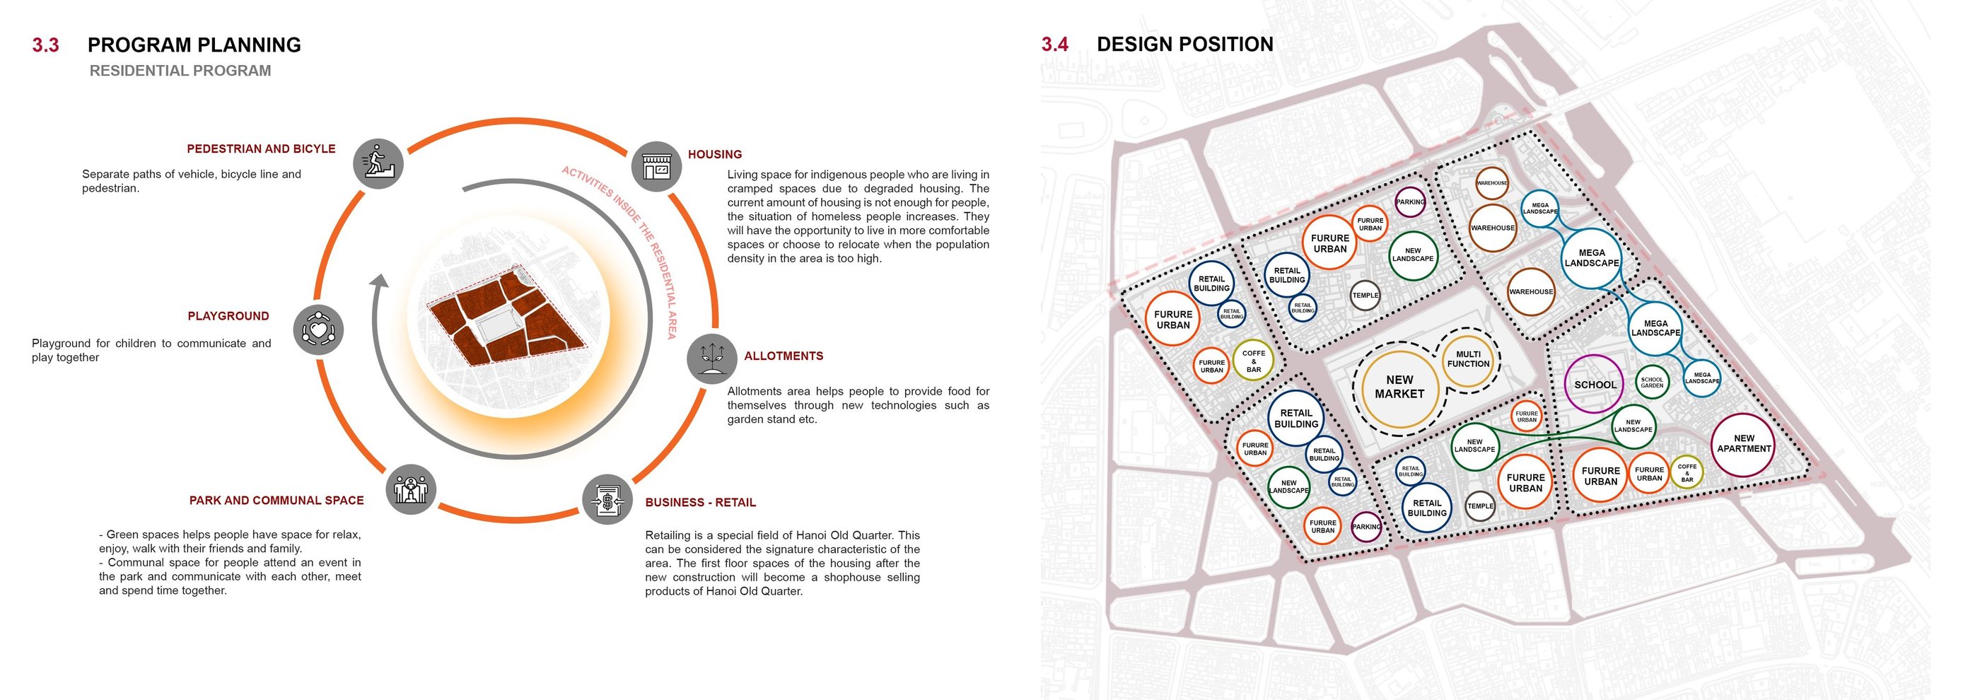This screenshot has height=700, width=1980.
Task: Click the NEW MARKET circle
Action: point(1399,387)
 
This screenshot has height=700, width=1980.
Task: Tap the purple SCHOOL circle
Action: point(1594,385)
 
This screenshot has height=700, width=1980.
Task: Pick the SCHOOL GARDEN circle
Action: point(1652,382)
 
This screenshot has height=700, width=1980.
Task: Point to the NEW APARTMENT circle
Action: point(1743,444)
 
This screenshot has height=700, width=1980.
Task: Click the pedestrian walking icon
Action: point(378,163)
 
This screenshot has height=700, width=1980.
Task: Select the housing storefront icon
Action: point(656,166)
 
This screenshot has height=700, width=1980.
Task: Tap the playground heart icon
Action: point(318,330)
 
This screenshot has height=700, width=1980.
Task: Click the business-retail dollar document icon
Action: point(607,499)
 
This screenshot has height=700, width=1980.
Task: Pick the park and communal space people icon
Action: point(412,489)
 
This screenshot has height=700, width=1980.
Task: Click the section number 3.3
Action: point(45,45)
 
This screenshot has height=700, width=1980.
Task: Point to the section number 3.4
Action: point(1054,45)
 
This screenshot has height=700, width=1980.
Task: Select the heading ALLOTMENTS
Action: point(784,356)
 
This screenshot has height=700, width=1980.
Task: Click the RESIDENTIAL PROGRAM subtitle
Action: point(180,71)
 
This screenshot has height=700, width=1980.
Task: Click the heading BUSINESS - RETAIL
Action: point(700,503)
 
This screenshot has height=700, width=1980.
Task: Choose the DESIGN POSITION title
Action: point(1184,45)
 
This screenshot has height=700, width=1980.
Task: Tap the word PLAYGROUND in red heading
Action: point(228,316)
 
